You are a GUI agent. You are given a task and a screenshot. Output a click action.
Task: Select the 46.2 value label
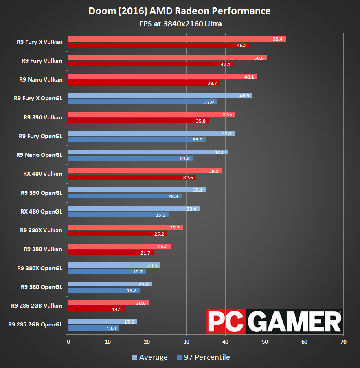pyautogui.click(x=242, y=46)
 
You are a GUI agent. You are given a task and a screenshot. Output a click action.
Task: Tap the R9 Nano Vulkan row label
pyautogui.click(x=41, y=79)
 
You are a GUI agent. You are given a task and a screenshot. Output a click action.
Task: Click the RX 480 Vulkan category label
pyautogui.click(x=43, y=174)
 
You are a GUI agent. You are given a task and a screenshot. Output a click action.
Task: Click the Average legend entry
pyautogui.click(x=150, y=357)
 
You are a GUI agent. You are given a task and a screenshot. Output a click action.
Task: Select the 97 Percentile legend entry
pyautogui.click(x=204, y=357)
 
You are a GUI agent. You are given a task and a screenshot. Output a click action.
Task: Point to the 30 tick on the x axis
pyautogui.click(x=186, y=342)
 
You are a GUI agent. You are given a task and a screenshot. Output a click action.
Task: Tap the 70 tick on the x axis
pyautogui.click(x=343, y=342)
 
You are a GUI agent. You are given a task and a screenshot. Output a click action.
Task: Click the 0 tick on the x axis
pyautogui.click(x=68, y=342)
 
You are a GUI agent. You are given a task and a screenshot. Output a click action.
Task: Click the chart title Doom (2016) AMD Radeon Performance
pyautogui.click(x=180, y=11)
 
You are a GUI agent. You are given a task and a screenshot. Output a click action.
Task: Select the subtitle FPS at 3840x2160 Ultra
pyautogui.click(x=180, y=24)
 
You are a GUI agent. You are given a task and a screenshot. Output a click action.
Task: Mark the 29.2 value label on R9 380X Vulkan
pyautogui.click(x=175, y=227)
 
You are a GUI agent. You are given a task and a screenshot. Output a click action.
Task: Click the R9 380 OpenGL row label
pyautogui.click(x=41, y=287)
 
